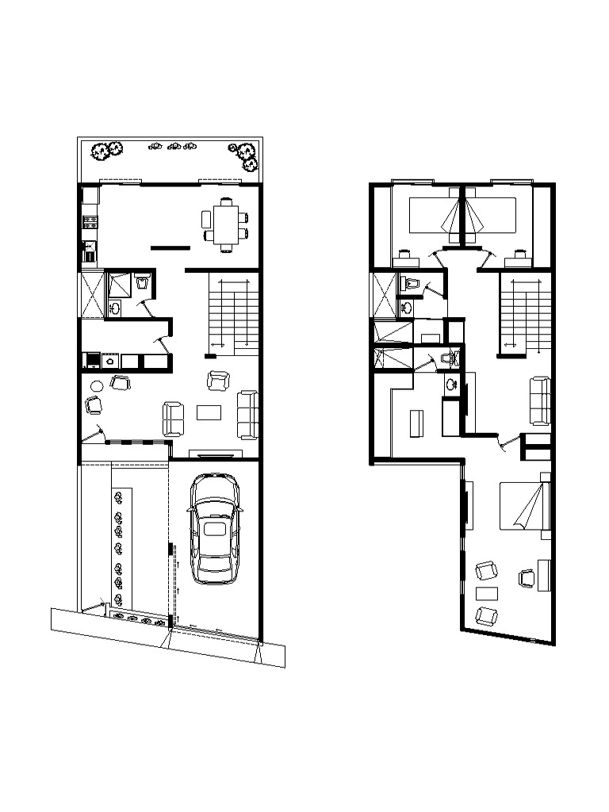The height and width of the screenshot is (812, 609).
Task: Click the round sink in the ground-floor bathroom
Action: click(x=115, y=308)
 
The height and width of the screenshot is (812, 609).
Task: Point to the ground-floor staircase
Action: click(x=234, y=313)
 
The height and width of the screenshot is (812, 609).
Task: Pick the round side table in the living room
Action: click(x=97, y=386)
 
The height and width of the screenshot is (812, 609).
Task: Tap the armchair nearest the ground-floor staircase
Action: click(x=218, y=381)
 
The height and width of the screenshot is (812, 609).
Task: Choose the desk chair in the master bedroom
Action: click(x=525, y=578)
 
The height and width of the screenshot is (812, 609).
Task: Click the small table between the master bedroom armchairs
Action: click(x=486, y=593)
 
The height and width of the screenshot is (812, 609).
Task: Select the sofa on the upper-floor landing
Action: click(x=542, y=400)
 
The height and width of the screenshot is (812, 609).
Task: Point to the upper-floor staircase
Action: click(x=524, y=313)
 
